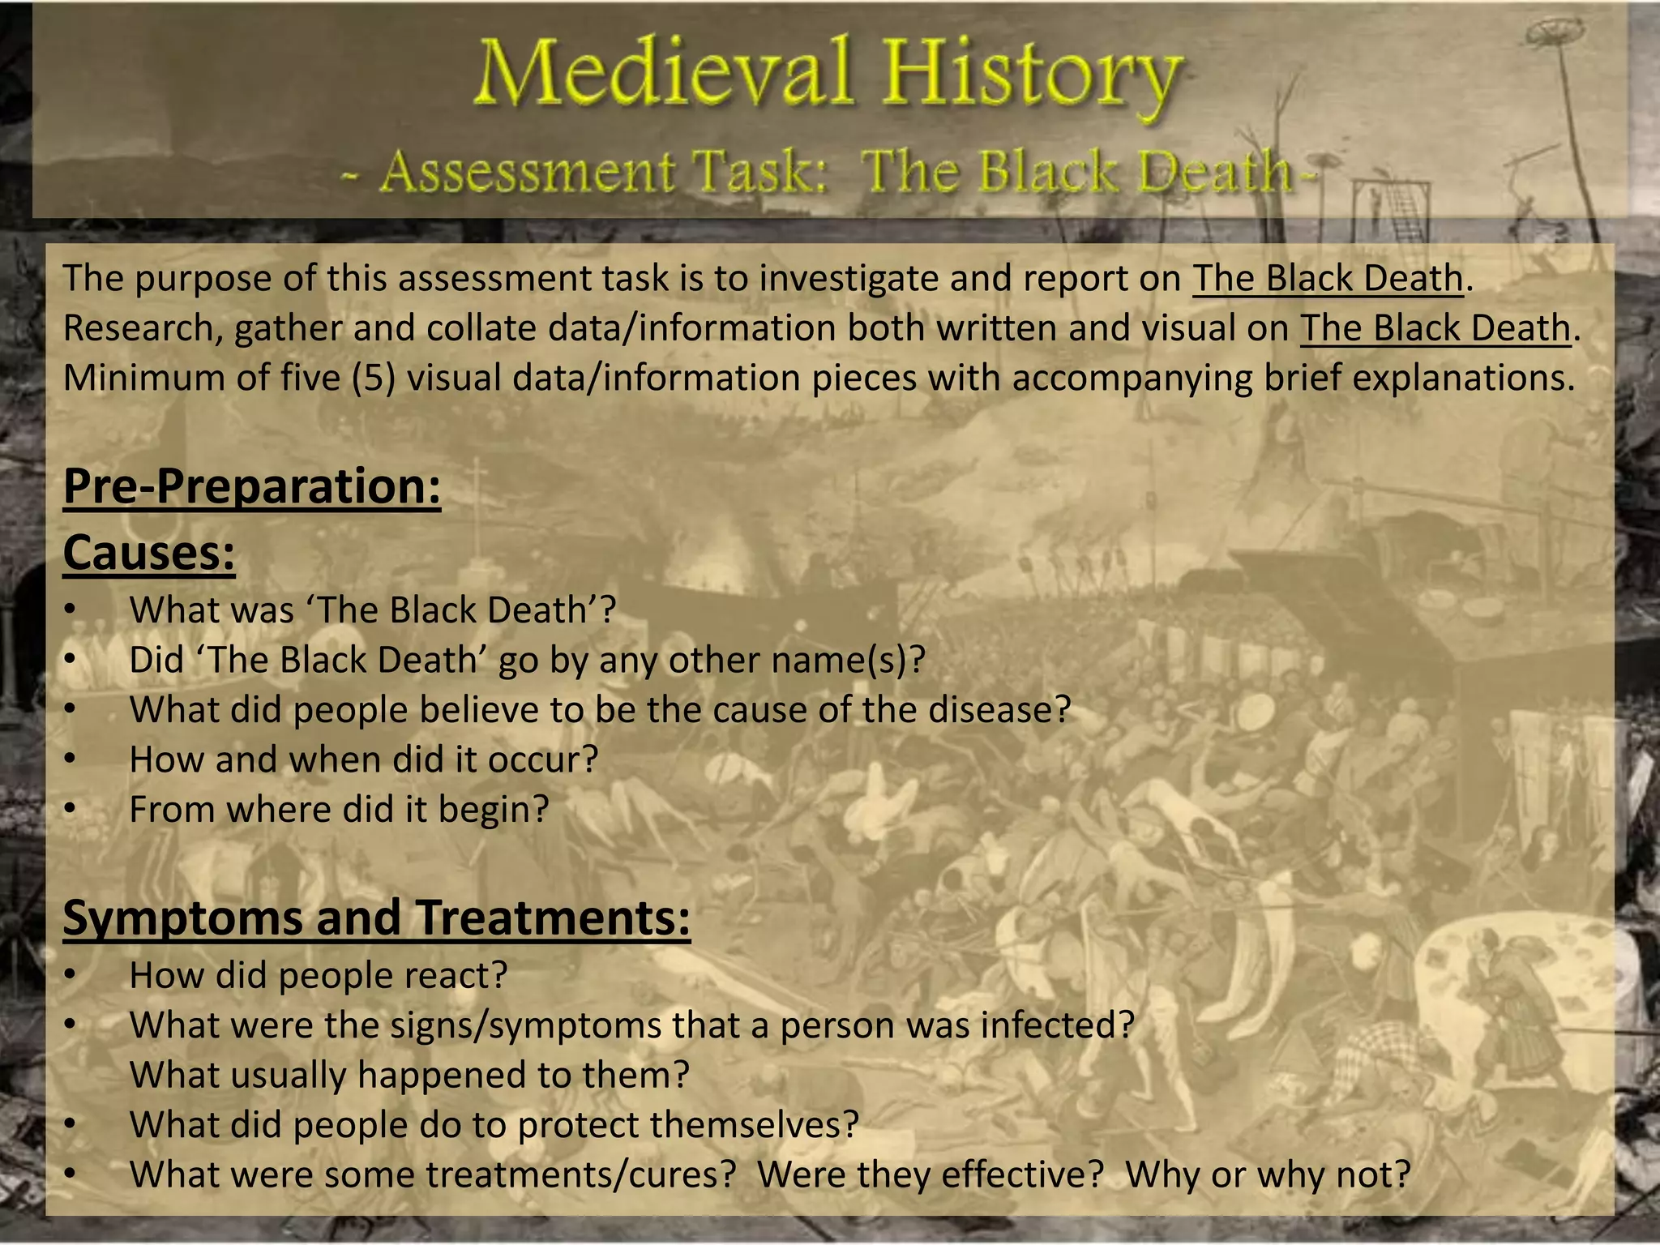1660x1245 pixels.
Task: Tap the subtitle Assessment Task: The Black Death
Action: (827, 173)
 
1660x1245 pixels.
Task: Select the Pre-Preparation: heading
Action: (252, 486)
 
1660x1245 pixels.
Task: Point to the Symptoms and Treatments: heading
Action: (376, 918)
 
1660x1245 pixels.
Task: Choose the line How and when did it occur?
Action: (363, 760)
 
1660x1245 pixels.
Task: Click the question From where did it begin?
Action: (339, 810)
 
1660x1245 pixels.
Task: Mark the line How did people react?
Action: (318, 975)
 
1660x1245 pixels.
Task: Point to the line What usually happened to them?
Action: (409, 1076)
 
